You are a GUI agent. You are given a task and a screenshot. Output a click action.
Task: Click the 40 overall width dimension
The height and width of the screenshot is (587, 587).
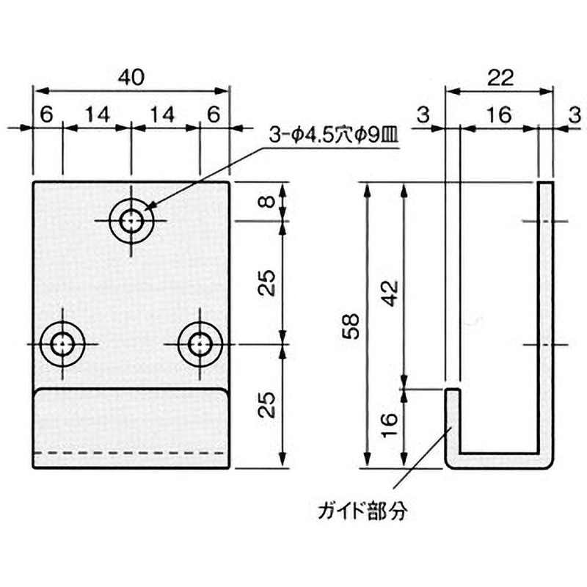pyautogui.click(x=131, y=76)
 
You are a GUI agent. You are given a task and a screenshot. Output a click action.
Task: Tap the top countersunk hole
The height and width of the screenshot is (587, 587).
pyautogui.click(x=132, y=219)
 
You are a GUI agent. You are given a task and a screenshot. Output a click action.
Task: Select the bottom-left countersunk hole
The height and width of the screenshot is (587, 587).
pyautogui.click(x=63, y=343)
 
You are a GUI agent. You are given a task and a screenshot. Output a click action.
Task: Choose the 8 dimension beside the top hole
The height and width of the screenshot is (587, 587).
pyautogui.click(x=269, y=201)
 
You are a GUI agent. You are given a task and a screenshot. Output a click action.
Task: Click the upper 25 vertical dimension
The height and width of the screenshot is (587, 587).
pyautogui.click(x=269, y=282)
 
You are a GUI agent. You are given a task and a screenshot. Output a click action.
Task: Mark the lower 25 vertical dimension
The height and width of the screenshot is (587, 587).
pyautogui.click(x=269, y=404)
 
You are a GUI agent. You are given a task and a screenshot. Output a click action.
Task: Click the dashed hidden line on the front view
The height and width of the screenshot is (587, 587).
pyautogui.click(x=132, y=453)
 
